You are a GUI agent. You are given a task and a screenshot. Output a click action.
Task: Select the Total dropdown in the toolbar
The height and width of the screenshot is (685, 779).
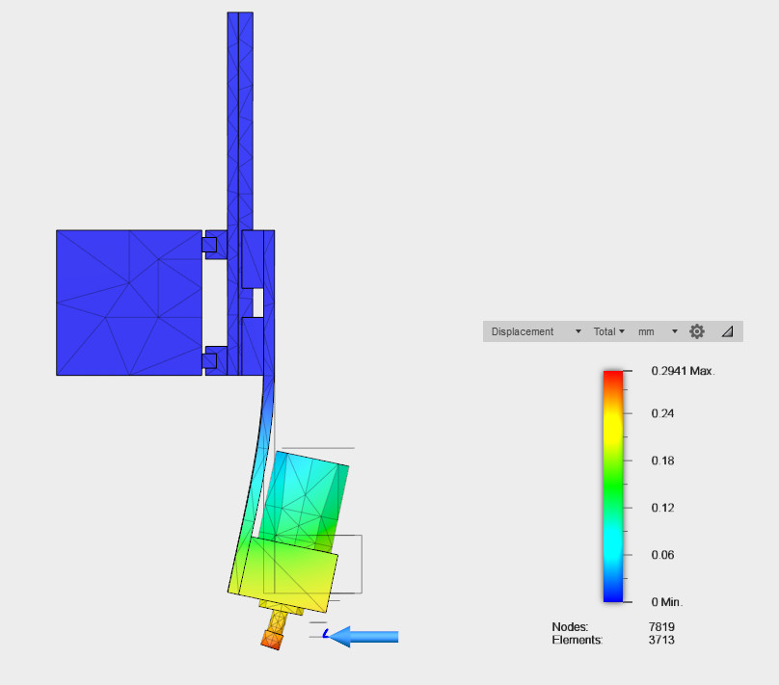click(x=608, y=331)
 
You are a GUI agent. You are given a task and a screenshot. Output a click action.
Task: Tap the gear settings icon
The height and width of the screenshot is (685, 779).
click(x=697, y=331)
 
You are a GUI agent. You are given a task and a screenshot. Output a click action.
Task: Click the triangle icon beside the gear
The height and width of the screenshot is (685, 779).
click(x=727, y=331)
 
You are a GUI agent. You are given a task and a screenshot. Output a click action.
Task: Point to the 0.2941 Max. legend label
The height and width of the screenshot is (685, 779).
click(x=683, y=371)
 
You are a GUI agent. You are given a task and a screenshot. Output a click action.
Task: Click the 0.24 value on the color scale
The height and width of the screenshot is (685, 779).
click(x=662, y=413)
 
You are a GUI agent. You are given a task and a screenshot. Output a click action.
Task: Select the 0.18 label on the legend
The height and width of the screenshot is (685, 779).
click(x=662, y=461)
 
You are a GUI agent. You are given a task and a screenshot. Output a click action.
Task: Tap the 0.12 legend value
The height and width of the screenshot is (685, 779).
click(x=662, y=508)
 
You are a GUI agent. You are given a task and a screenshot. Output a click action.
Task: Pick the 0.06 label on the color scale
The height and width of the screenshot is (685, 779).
click(x=662, y=555)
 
